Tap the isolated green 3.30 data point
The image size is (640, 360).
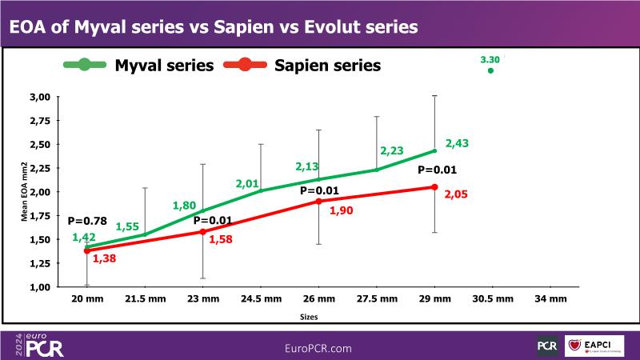coord(490,70)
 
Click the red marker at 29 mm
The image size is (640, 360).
coord(434,187)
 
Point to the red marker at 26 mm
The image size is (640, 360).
coord(318,202)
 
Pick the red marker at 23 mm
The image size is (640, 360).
coord(202,232)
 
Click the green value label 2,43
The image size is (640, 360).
coord(458,143)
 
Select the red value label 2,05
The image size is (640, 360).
coord(457,194)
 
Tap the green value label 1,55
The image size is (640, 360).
coord(127,226)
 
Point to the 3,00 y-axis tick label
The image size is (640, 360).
coord(40,97)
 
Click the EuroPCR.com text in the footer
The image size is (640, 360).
coord(318,348)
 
